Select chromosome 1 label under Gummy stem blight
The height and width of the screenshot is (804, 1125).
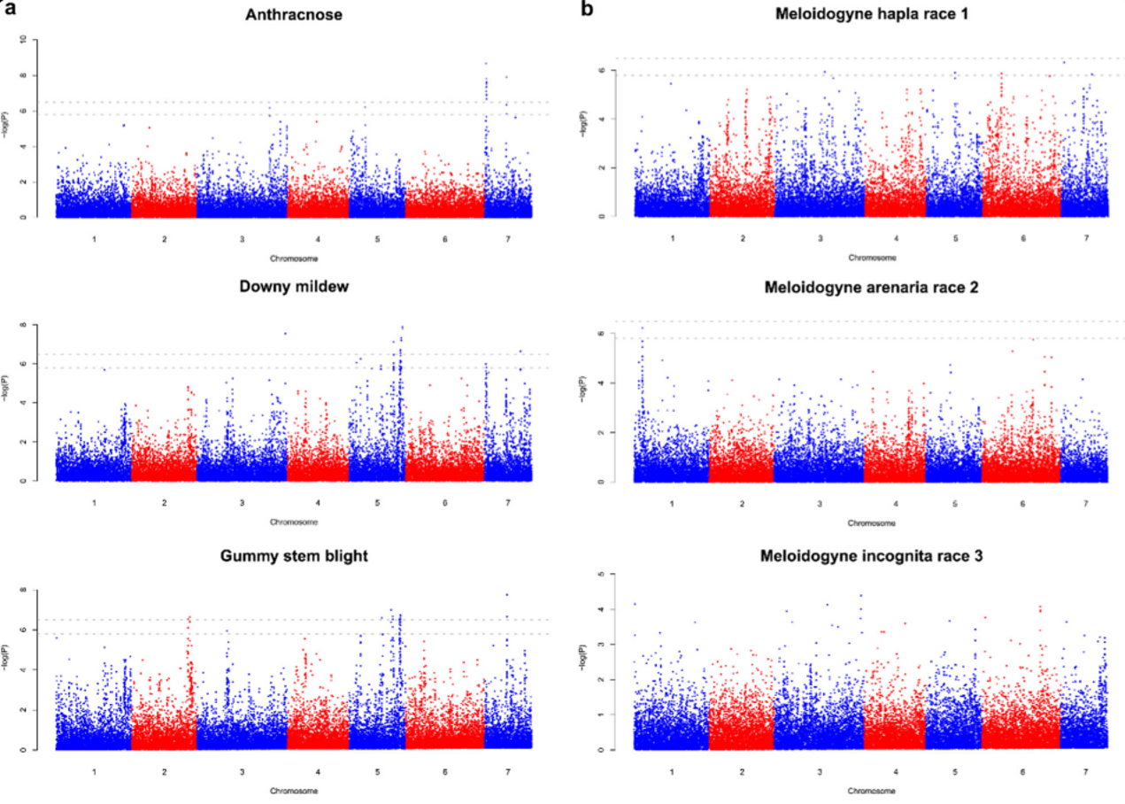click(93, 771)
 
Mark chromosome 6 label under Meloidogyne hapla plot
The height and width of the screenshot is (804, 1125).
click(1022, 239)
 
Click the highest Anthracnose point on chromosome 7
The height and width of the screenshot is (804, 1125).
click(486, 63)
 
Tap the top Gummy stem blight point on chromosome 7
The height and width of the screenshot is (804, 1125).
click(507, 595)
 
